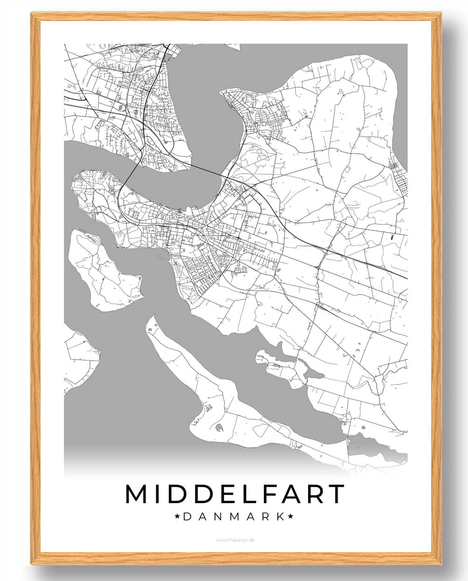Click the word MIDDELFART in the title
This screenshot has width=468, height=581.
point(234,494)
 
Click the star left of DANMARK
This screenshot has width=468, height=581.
point(177,516)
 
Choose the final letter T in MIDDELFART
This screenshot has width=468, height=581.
point(335,494)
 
